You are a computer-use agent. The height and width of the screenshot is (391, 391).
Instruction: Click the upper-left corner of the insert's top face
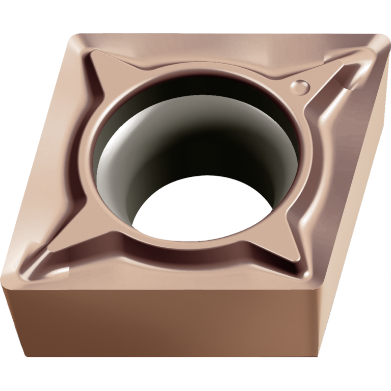(76, 36)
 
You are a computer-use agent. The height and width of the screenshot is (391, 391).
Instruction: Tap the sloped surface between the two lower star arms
(168, 265)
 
